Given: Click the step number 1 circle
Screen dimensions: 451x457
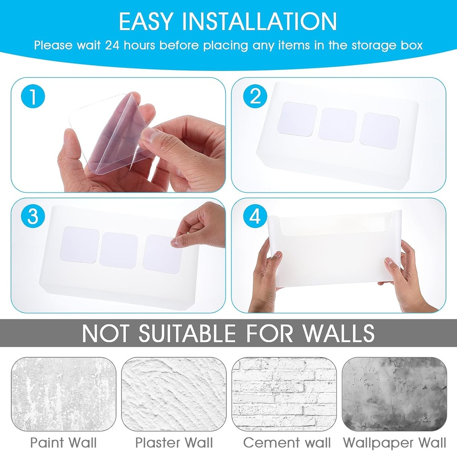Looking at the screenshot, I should click(32, 97).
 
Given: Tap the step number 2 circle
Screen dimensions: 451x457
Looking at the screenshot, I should click(255, 97).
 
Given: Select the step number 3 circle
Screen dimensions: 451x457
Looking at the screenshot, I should click(32, 217).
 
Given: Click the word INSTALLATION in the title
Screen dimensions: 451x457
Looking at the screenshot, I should click(267, 21).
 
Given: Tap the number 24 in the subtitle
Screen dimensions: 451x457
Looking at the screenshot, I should click(114, 45).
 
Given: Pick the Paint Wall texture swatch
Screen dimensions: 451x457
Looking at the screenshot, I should click(63, 394).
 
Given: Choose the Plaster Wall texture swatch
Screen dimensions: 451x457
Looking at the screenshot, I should click(174, 394).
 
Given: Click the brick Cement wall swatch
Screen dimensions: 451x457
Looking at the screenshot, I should click(284, 394).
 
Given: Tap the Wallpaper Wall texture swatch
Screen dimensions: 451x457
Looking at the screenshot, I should click(394, 394).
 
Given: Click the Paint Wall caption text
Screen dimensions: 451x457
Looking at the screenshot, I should click(63, 443).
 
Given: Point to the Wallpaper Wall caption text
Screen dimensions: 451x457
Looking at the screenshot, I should click(394, 443).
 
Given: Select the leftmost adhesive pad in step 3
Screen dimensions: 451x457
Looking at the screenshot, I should click(81, 245).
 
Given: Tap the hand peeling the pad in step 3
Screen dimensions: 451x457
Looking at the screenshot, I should click(201, 226).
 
